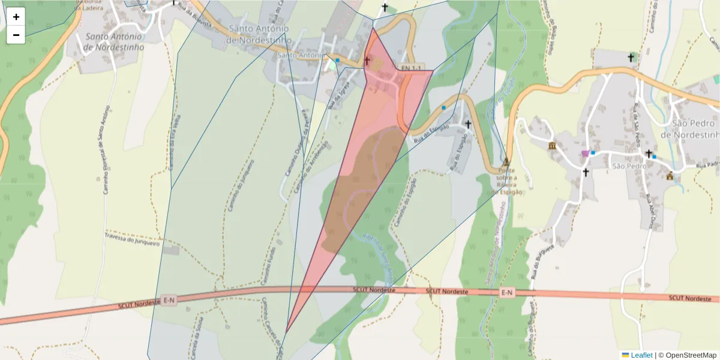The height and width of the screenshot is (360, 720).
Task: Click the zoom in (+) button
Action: pos(16,17)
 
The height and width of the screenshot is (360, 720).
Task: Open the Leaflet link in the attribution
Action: pos(641,355)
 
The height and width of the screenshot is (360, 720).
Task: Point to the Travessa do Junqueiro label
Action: pos(133,239)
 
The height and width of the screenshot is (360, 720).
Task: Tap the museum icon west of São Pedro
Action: pos(551,146)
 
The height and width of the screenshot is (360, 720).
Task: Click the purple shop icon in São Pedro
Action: pos(585,154)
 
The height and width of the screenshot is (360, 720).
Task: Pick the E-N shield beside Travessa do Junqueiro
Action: pos(169,300)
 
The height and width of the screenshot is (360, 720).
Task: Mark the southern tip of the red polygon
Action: pos(286,332)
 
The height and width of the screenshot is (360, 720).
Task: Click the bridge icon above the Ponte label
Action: pos(506,161)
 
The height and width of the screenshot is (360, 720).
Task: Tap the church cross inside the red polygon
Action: pos(367,61)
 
